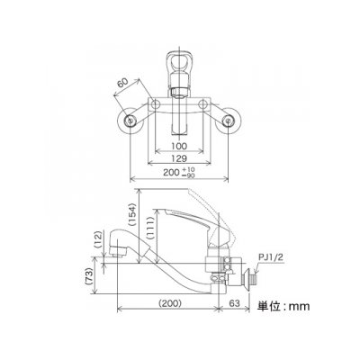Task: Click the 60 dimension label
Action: tap(122, 82)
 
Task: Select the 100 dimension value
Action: tap(180, 147)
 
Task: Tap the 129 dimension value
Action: tap(179, 158)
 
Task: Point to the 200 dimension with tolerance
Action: tap(179, 173)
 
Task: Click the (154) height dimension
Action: tap(132, 214)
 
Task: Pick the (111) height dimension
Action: tap(150, 228)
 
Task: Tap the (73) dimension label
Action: tap(88, 276)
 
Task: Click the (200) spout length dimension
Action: tap(170, 303)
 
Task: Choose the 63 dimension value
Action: tap(236, 303)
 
